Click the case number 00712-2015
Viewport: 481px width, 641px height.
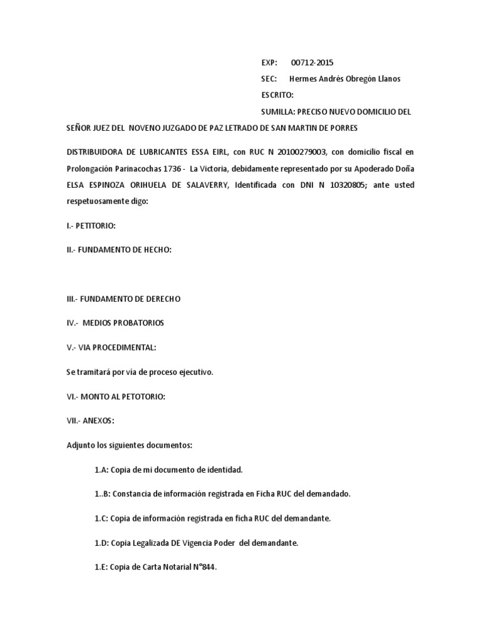[x=313, y=63]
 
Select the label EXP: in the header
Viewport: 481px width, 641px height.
[x=269, y=63]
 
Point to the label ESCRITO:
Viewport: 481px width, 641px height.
[x=277, y=95]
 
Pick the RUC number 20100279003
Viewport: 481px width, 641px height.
[x=299, y=152]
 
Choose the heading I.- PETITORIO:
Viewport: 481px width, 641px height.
[x=91, y=225]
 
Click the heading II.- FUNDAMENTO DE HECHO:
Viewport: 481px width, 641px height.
[x=119, y=250]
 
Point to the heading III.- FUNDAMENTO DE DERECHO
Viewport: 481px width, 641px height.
[x=123, y=299]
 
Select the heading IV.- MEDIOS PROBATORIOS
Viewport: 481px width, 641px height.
[x=115, y=323]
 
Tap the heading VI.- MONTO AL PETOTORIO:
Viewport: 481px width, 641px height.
[x=116, y=396]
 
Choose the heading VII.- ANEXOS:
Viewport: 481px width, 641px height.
[x=91, y=421]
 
